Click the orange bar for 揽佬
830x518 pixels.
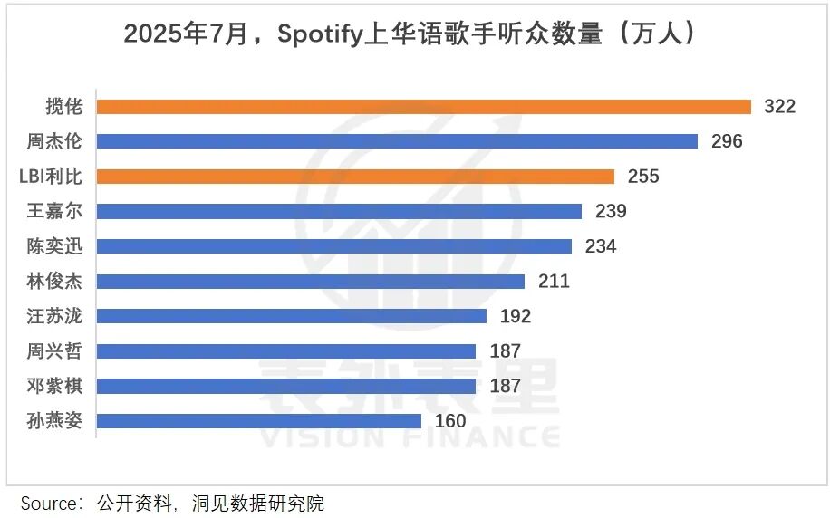[x=423, y=107]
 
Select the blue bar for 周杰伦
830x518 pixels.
[x=397, y=141]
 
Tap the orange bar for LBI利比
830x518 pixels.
[x=355, y=177]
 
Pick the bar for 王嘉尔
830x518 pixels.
[x=339, y=211]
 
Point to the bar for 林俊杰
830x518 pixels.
[x=310, y=282]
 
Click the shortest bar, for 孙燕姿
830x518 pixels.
[x=258, y=421]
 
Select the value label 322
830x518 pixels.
[x=779, y=107]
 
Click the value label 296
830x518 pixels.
[x=726, y=141]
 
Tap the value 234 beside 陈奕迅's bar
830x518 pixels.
[x=600, y=246]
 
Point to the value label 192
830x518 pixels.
[x=515, y=316]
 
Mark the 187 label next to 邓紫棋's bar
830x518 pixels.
[x=505, y=387]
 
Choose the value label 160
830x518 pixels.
[x=450, y=421]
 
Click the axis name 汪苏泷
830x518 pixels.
[x=54, y=316]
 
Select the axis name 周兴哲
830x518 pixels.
[x=54, y=351]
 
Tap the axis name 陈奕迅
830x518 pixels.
[x=54, y=246]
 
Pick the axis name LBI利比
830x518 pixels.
[x=50, y=177]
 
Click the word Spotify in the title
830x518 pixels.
[x=322, y=34]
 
